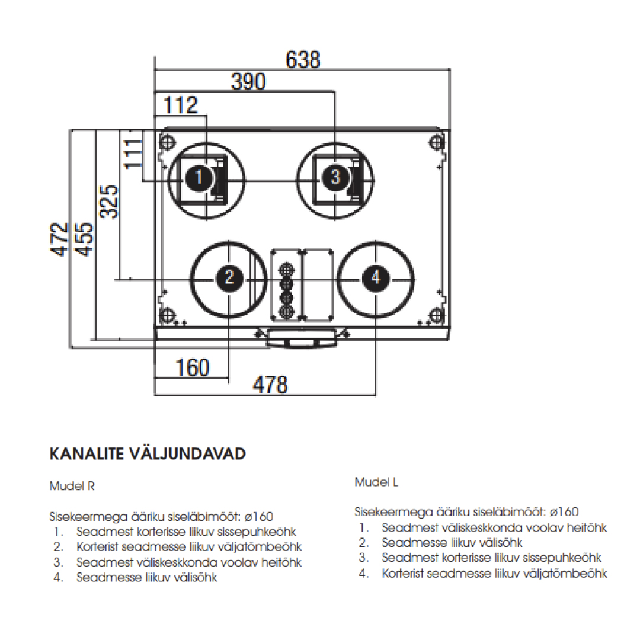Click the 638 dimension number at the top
(x=303, y=60)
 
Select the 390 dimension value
(x=248, y=82)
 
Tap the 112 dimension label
(x=180, y=105)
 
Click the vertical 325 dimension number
(x=109, y=202)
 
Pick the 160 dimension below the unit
(x=193, y=367)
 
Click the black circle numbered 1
(x=199, y=177)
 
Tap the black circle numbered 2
(x=229, y=277)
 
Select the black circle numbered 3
(x=335, y=177)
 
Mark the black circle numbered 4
(x=376, y=277)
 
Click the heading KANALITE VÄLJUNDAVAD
(x=147, y=455)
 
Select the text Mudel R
(x=72, y=487)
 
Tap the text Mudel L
(x=376, y=482)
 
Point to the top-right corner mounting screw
(x=437, y=142)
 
